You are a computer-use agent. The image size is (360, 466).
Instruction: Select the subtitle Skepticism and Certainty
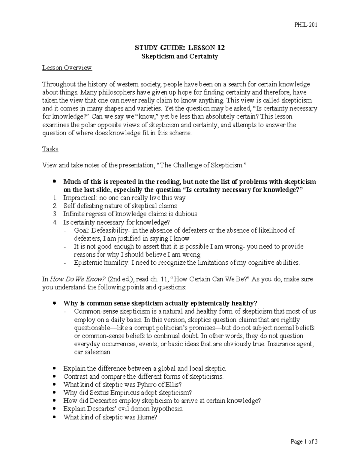[179, 56]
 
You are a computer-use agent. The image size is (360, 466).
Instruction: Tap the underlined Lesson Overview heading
[67, 68]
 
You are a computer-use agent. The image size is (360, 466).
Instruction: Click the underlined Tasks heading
[50, 149]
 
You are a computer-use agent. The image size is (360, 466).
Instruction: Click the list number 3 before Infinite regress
[55, 214]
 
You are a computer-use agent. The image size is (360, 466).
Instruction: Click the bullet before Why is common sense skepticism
[54, 303]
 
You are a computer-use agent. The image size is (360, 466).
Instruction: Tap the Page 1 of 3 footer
[304, 441]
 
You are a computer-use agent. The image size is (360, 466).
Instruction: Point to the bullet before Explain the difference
[54, 368]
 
